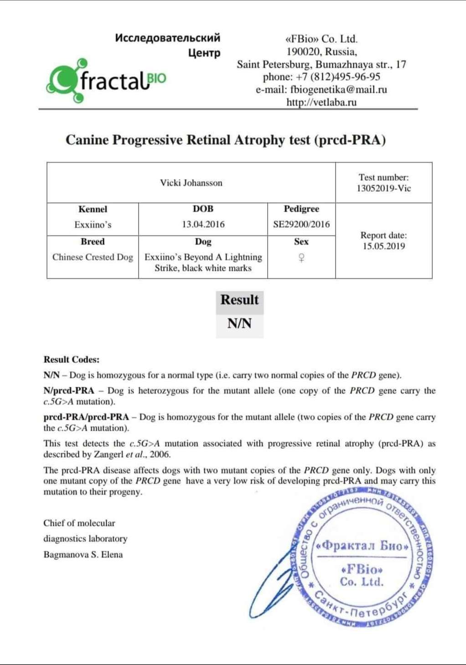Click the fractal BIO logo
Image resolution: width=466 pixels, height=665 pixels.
[x=106, y=81]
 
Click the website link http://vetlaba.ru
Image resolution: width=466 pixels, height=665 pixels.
[x=321, y=102]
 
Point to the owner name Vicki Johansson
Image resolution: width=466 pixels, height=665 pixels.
[x=191, y=183]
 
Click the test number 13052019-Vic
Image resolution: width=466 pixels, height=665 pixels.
[x=383, y=188]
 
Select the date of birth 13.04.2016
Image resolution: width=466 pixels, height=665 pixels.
[x=203, y=224]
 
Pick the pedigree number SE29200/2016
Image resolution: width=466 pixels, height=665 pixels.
[x=301, y=224]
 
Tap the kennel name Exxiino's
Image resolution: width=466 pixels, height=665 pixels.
[x=93, y=225]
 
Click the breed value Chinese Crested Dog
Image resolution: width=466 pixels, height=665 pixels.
[x=93, y=257]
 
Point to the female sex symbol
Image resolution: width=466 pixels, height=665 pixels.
[x=301, y=258]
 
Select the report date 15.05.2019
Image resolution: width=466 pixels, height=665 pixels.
[x=383, y=246]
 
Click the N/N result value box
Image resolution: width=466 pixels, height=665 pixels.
[x=239, y=324]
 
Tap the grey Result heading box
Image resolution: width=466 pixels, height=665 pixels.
[x=239, y=300]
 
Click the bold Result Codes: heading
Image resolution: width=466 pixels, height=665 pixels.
[x=71, y=359]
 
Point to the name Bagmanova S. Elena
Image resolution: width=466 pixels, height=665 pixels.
[x=83, y=554]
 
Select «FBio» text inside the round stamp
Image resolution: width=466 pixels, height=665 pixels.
[x=362, y=569]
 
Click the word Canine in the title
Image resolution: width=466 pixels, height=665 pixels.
[x=87, y=139]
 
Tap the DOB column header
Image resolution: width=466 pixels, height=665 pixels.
[x=203, y=209]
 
